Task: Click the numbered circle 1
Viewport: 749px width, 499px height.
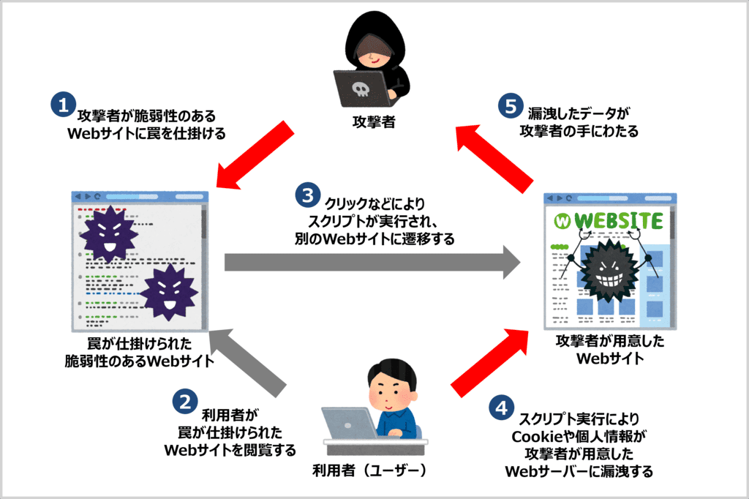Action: click(x=64, y=104)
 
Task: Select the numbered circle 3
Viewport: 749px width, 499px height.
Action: click(x=307, y=194)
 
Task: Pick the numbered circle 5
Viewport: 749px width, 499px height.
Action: click(x=510, y=105)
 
